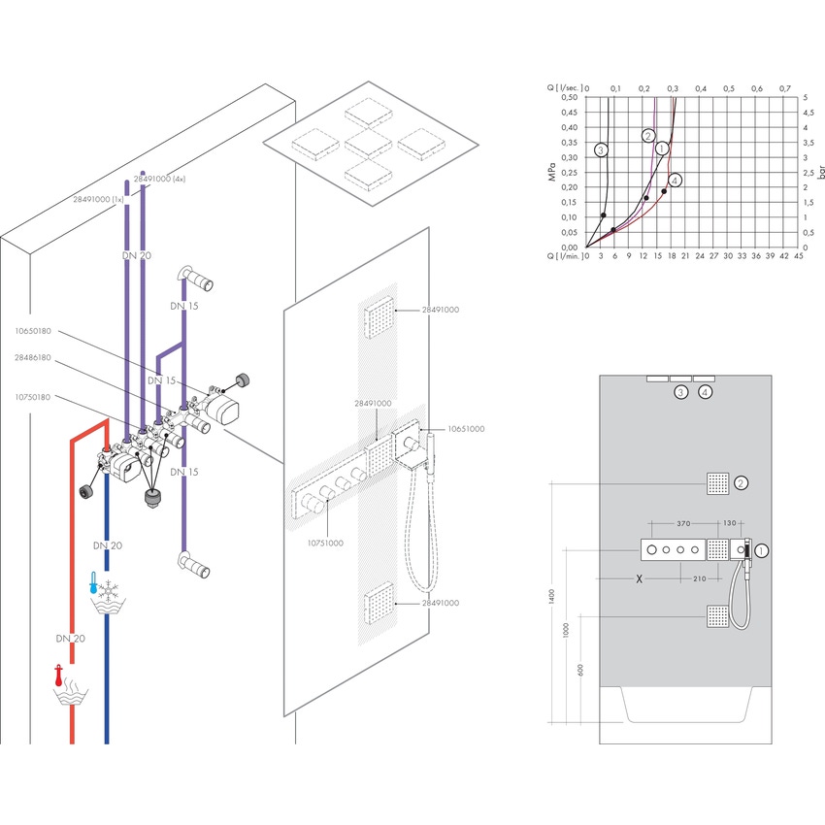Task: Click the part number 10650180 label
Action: [x=34, y=331]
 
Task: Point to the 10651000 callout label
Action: [x=466, y=428]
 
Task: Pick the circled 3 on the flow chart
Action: [x=602, y=150]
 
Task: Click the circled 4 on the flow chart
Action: [x=676, y=180]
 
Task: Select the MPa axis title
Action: [x=550, y=173]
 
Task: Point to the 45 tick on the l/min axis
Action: [x=798, y=257]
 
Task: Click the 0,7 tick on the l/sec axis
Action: [x=787, y=87]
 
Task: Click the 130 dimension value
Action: [x=729, y=522]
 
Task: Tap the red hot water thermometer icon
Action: [x=60, y=674]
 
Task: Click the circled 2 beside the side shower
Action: [x=742, y=482]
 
